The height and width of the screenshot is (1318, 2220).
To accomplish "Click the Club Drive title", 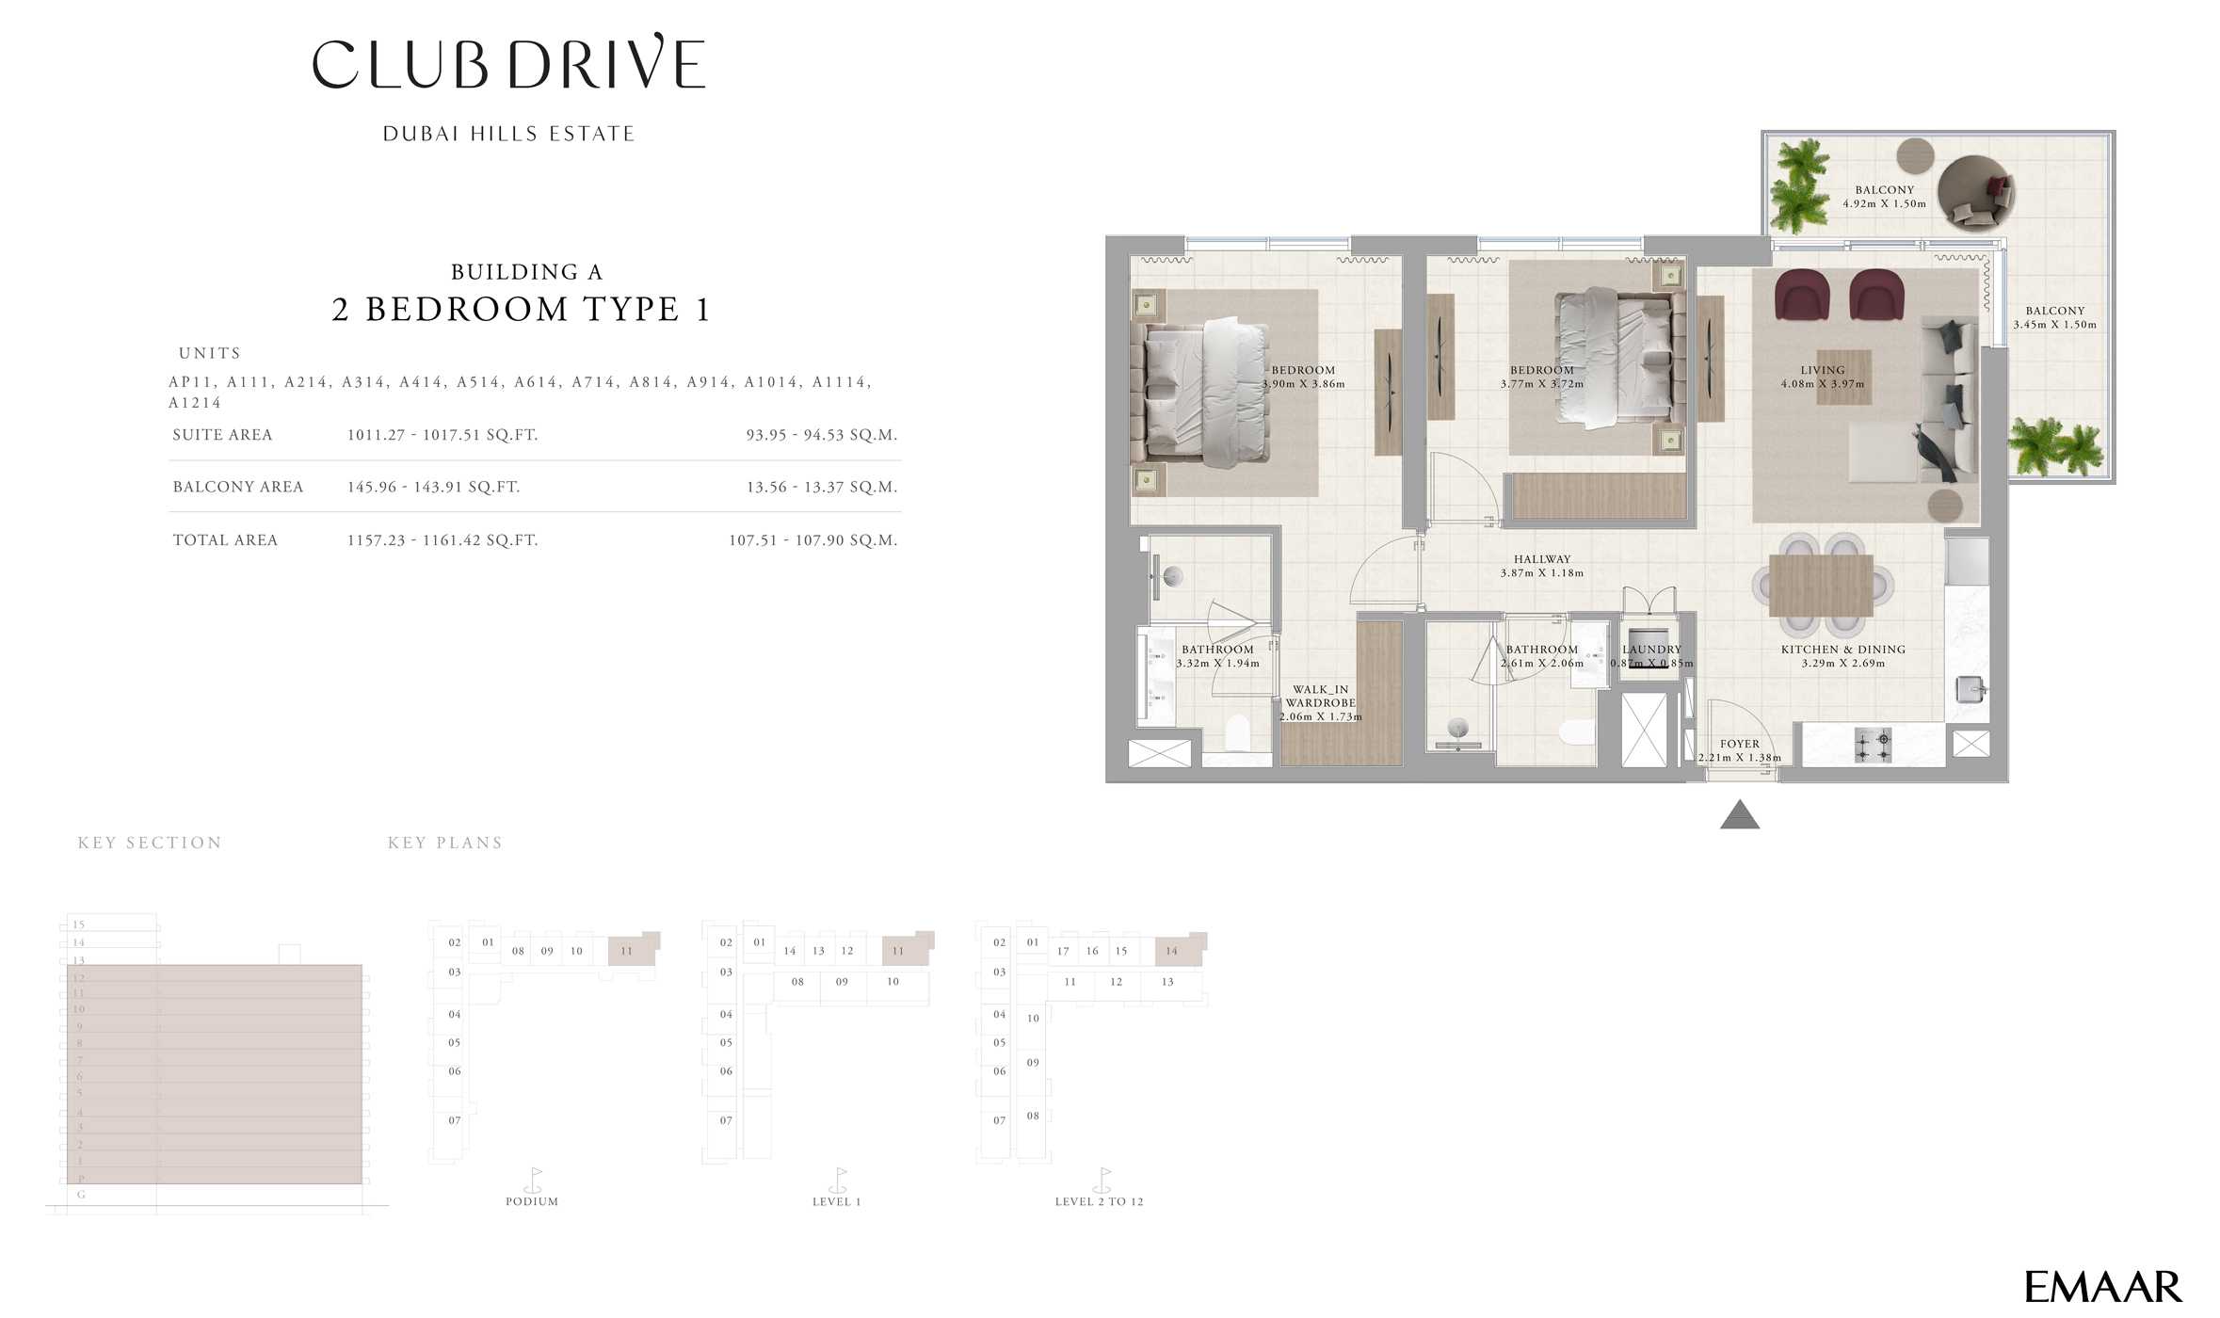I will coord(508,64).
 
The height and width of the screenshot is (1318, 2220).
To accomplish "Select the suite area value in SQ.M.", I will coord(821,435).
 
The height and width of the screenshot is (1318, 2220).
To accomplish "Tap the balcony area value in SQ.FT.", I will coord(433,487).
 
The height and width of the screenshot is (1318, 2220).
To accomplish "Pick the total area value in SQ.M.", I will coord(812,540).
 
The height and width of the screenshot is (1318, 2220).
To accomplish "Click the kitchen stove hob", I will coord(1873,746).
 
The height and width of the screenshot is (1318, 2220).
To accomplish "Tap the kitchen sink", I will coord(1970,689).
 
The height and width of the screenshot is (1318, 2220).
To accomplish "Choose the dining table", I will coord(1820,586).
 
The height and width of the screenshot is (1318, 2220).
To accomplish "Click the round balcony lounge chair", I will coord(1976,192).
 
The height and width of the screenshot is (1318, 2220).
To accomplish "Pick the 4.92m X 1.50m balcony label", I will coord(1884,197).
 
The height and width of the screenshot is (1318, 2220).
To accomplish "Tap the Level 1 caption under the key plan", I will coord(836,1201).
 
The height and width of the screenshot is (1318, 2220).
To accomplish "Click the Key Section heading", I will coord(150,843).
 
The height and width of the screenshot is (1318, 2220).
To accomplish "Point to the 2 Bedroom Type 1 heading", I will coord(521,310).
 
